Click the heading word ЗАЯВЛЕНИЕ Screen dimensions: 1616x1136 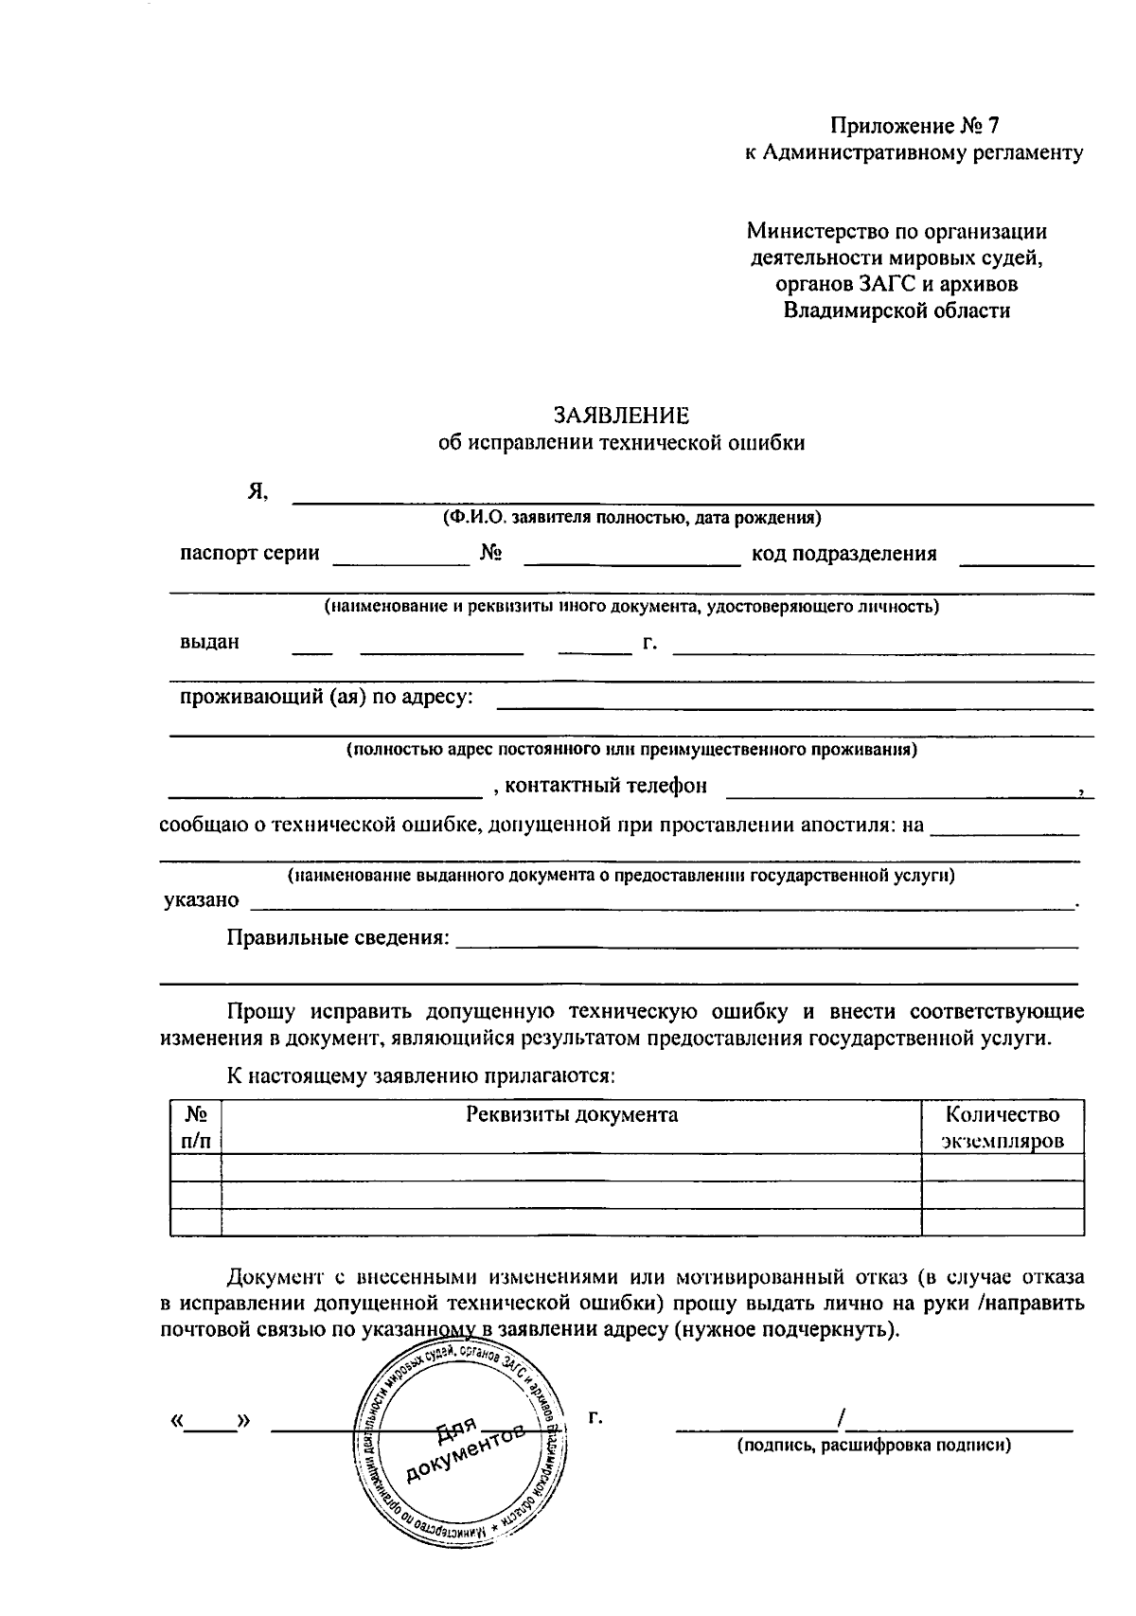coord(622,415)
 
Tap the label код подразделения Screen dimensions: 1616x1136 coord(843,554)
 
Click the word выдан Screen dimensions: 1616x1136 coord(209,642)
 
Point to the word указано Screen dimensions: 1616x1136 coord(201,900)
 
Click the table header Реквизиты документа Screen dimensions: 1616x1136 coord(572,1114)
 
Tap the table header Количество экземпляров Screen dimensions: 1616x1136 coord(1003,1128)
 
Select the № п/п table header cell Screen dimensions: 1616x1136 coord(196,1128)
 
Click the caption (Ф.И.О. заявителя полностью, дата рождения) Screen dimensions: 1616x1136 coord(630,518)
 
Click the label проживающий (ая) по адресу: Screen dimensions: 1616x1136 coord(327,698)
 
